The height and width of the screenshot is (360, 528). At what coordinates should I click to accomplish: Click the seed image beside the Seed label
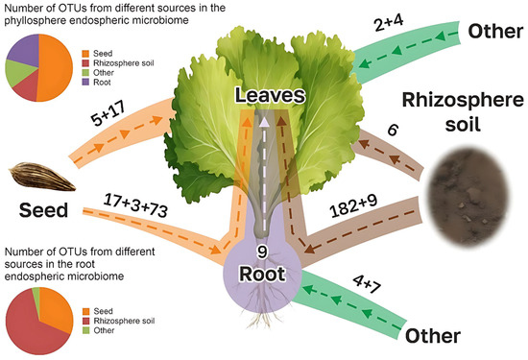pos(36,175)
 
